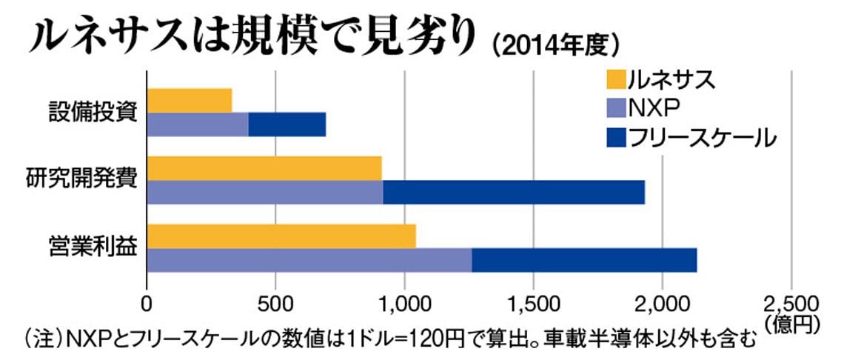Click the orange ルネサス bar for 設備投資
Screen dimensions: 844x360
(x=190, y=100)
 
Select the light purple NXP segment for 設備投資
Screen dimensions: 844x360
(x=198, y=124)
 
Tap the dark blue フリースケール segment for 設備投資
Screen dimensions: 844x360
(x=287, y=124)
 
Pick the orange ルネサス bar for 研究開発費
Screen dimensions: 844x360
(x=265, y=168)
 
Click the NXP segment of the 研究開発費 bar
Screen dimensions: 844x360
(x=265, y=192)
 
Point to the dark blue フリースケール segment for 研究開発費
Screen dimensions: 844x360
(x=514, y=192)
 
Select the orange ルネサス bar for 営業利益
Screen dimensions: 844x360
(x=281, y=236)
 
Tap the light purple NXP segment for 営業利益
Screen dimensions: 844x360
(x=309, y=260)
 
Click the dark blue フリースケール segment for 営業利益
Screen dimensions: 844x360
(x=585, y=260)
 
